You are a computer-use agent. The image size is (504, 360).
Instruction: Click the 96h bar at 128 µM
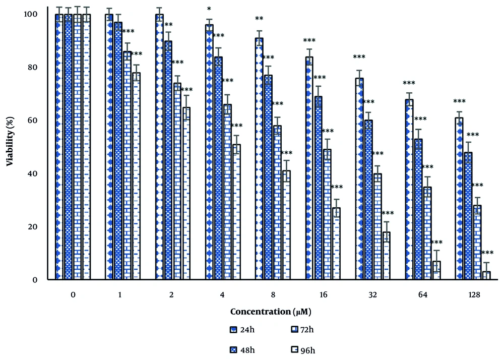tap(486, 275)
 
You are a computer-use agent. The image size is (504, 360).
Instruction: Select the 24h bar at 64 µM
tap(409, 189)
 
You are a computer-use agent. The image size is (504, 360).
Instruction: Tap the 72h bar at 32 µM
tap(377, 226)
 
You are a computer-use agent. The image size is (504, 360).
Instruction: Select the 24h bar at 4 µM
tap(209, 152)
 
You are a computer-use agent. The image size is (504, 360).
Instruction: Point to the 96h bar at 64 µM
tap(436, 270)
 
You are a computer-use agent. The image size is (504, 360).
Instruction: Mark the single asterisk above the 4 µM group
tap(209, 9)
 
